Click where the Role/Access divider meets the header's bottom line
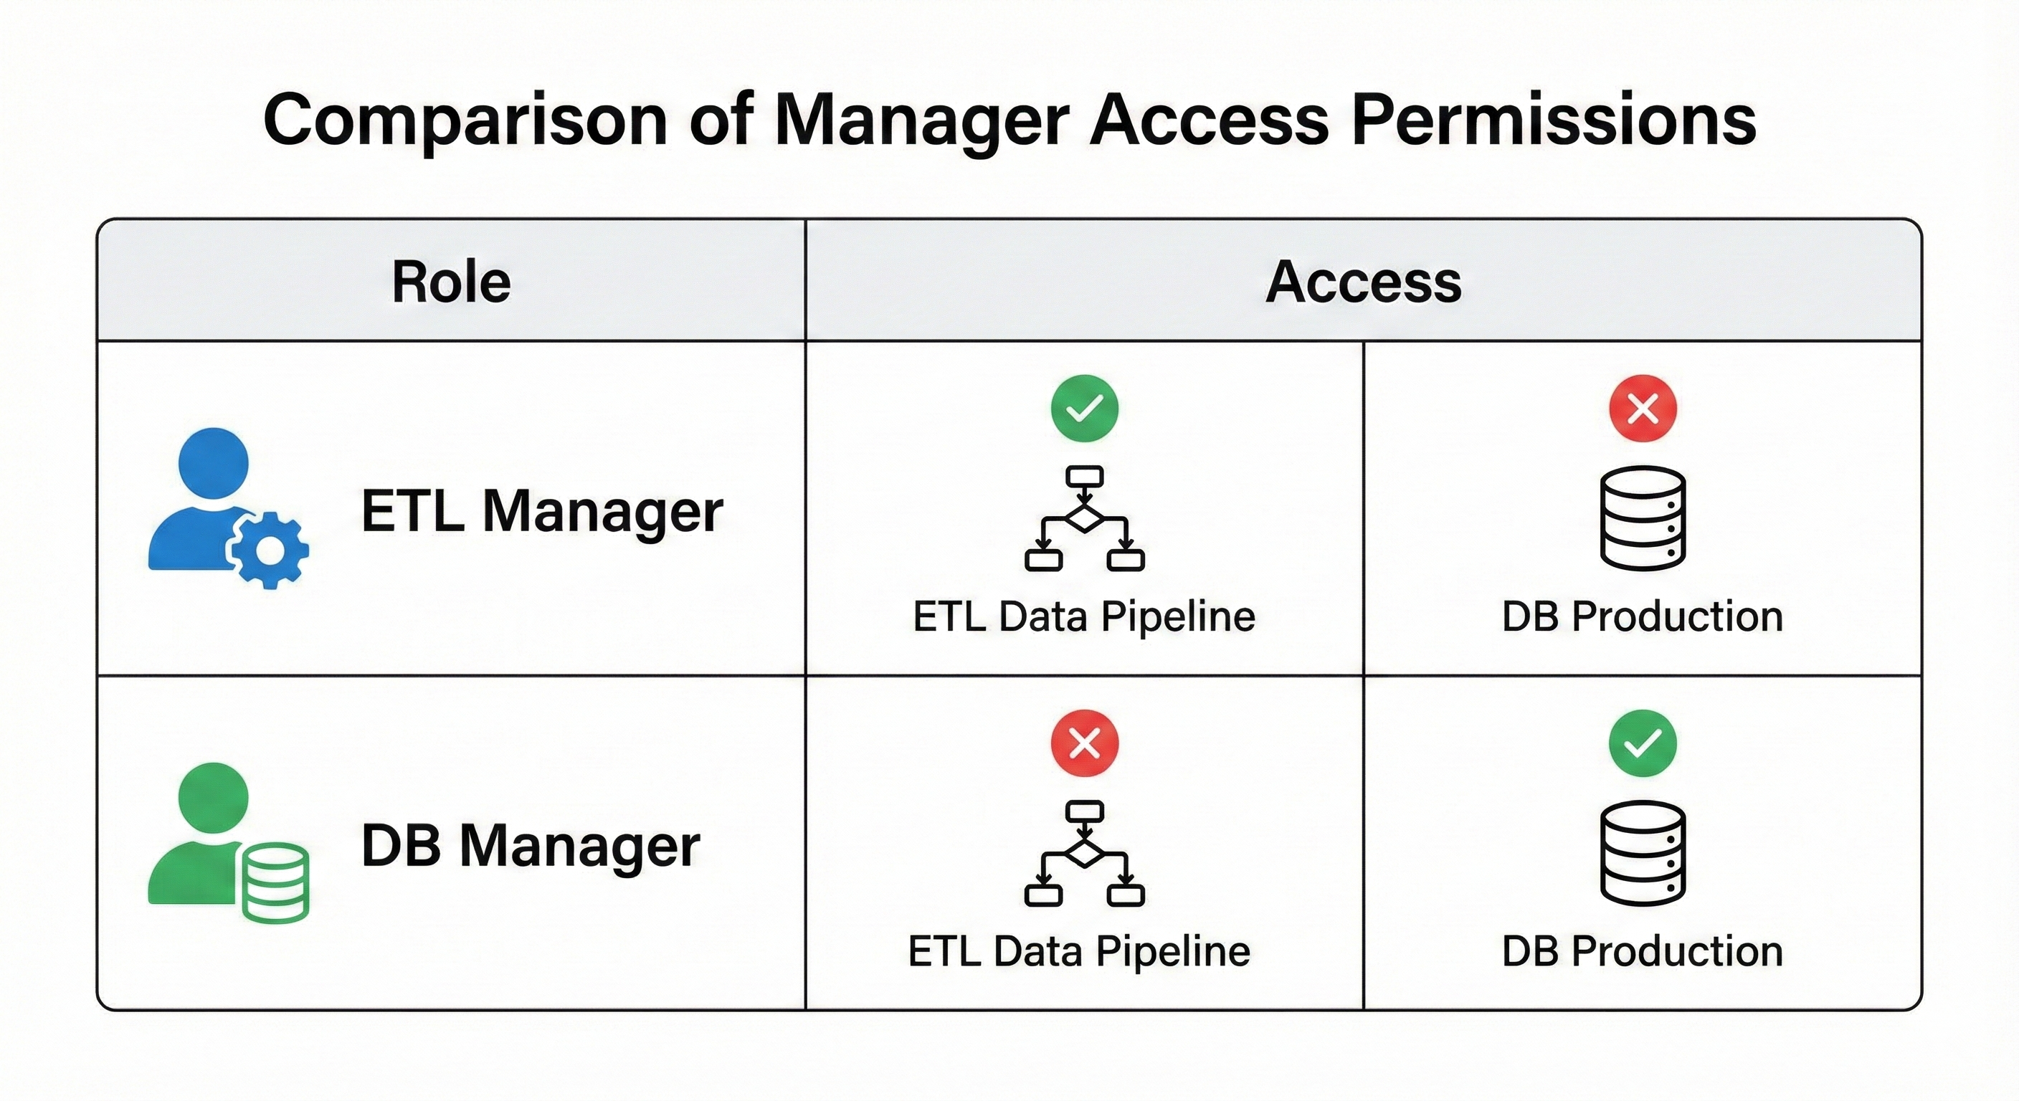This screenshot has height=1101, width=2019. click(806, 341)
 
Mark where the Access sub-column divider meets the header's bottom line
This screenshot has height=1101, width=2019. click(1364, 341)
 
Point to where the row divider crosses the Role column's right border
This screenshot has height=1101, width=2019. click(806, 675)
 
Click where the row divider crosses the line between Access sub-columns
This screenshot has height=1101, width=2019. click(1364, 675)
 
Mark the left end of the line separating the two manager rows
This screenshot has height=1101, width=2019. click(98, 675)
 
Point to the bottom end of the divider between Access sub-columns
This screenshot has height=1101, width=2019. click(1364, 1009)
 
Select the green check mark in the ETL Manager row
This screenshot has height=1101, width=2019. click(1085, 409)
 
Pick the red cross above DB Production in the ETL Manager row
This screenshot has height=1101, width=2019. click(1643, 409)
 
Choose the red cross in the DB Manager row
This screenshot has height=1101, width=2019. click(1085, 743)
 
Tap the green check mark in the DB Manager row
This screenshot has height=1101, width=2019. click(1643, 743)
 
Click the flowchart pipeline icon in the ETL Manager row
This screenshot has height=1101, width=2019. click(1085, 519)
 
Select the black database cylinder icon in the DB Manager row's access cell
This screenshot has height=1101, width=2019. click(1643, 852)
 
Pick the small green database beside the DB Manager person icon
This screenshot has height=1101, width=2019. click(276, 882)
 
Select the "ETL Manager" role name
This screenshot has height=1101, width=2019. click(541, 511)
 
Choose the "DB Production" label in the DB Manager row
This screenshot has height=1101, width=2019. click(1643, 951)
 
